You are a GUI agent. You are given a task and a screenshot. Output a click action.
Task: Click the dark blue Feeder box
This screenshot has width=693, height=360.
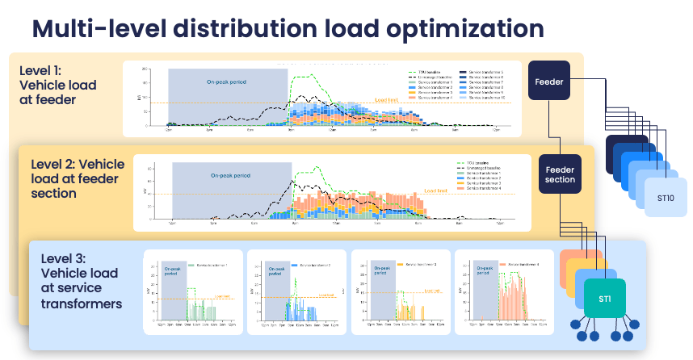[548, 81]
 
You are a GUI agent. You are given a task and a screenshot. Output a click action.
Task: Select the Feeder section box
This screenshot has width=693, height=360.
[560, 174]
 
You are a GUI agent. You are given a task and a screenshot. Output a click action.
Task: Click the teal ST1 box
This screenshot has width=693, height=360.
[604, 299]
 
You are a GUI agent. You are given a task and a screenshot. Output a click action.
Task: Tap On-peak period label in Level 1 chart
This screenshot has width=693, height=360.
[225, 82]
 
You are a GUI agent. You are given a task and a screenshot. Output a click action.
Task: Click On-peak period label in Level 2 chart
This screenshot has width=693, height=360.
[231, 175]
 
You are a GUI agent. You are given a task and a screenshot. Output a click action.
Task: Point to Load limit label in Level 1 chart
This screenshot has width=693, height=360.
[388, 100]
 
